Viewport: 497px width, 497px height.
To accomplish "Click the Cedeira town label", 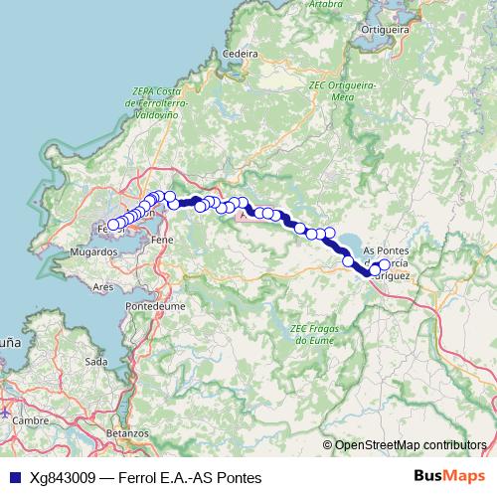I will [x=242, y=54].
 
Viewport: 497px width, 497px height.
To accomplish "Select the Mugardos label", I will [x=95, y=252].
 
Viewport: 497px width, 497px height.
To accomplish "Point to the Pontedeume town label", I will [x=150, y=308].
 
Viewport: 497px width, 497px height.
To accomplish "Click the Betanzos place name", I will [x=126, y=433].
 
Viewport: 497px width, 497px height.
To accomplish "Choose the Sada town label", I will [x=96, y=362].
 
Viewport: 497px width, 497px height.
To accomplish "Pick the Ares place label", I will [x=102, y=286].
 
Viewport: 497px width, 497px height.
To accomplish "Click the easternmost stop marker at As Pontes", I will [x=385, y=265].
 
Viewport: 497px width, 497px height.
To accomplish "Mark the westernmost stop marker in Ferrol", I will [x=113, y=225].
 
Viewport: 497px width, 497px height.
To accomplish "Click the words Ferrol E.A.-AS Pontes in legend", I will [x=190, y=478].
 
